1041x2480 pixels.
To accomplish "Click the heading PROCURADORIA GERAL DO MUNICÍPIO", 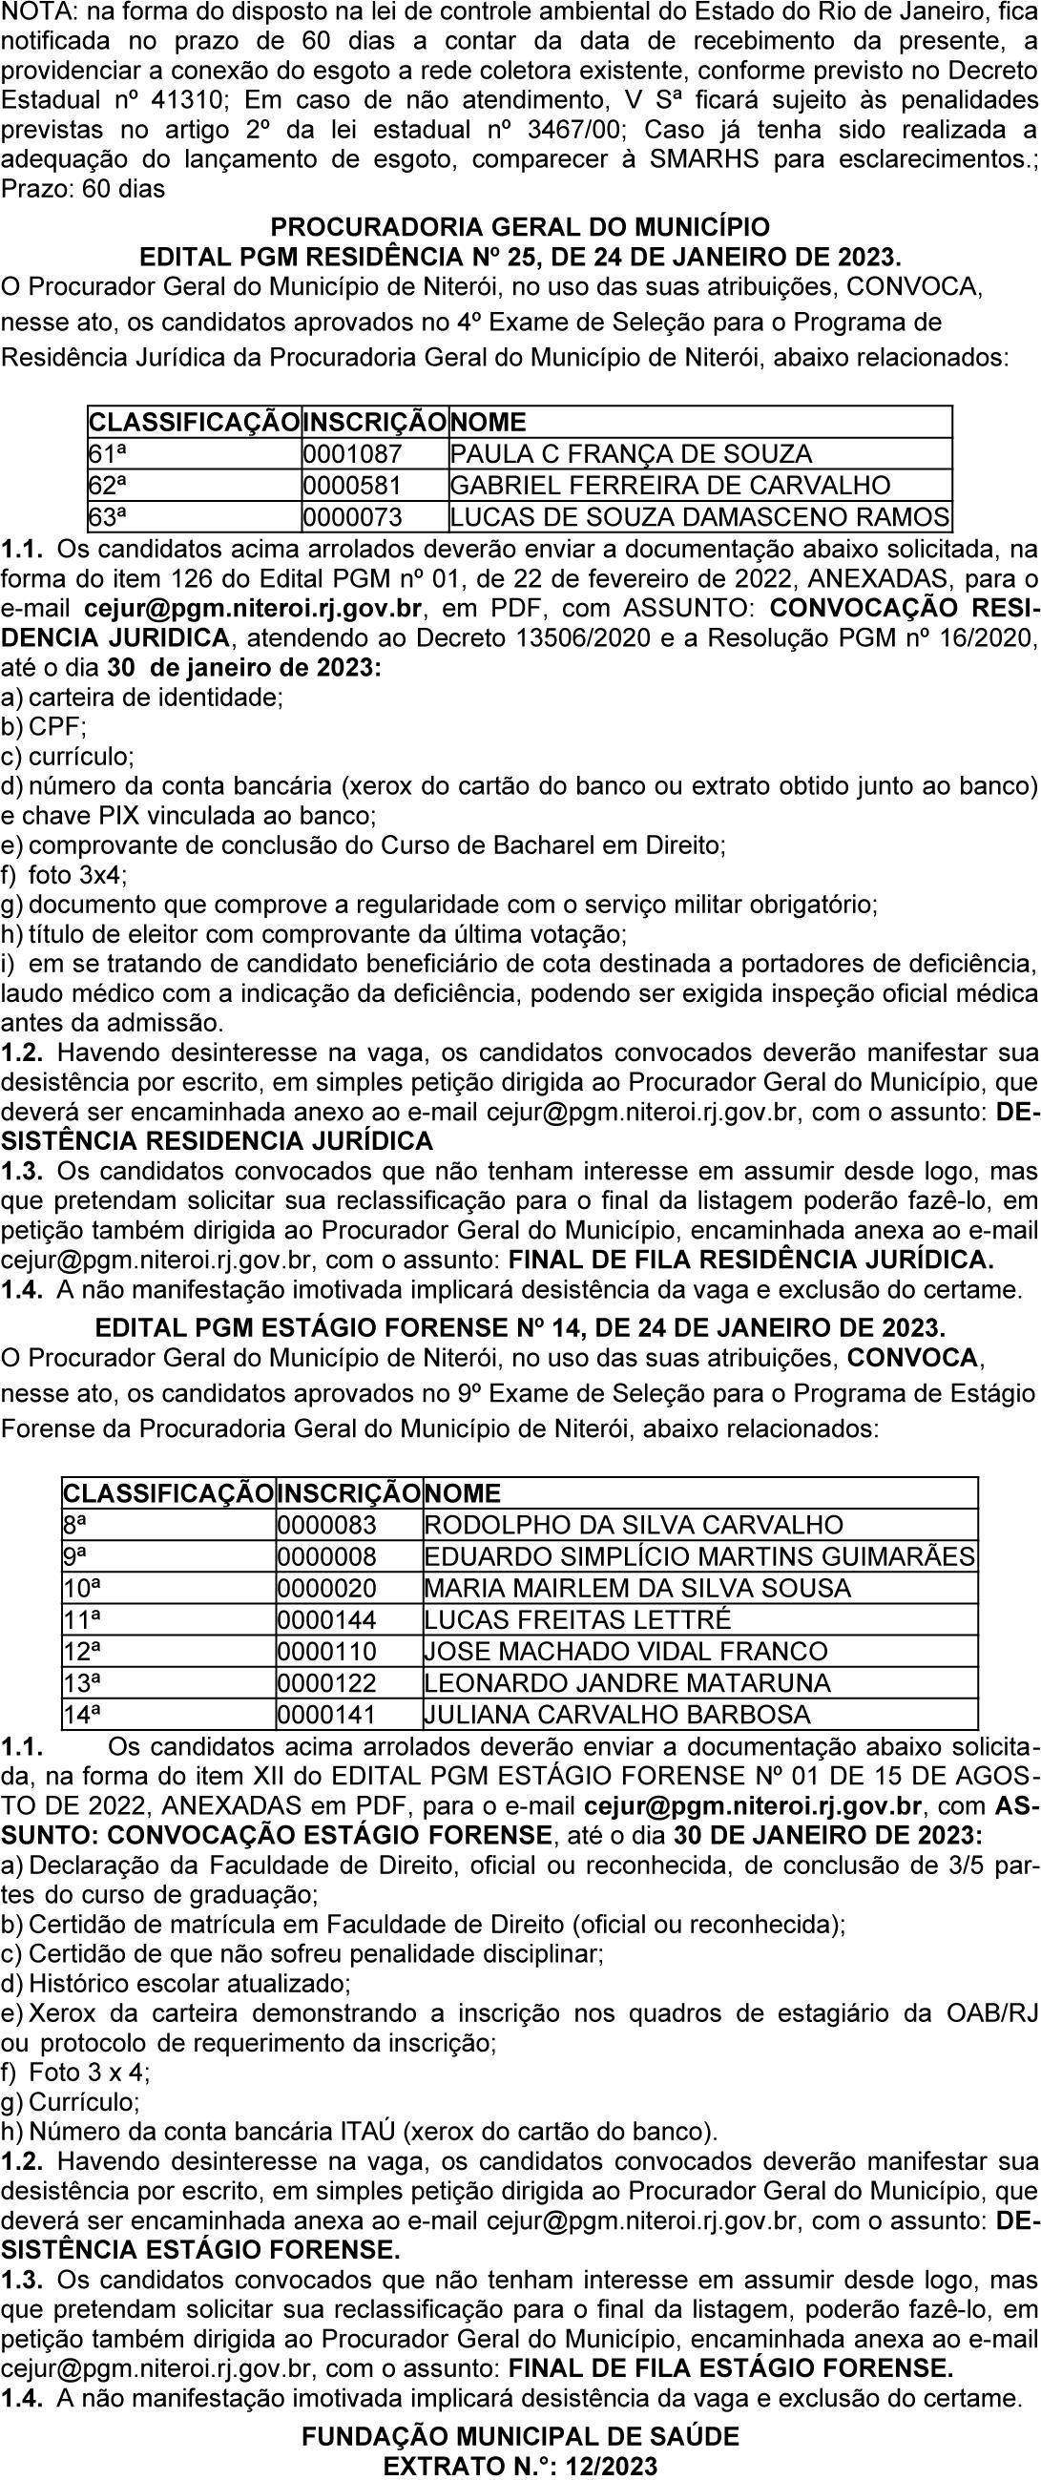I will point(520,228).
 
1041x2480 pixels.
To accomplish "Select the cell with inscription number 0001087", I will point(352,454).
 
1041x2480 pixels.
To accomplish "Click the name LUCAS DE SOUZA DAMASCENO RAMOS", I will point(700,518).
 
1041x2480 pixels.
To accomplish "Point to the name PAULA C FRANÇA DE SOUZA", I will point(632,454).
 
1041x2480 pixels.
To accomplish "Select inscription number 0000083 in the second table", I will point(327,1525).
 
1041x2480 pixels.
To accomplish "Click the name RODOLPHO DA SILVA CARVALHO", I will point(634,1525).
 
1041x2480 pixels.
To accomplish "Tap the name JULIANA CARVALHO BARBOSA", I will point(617,1715).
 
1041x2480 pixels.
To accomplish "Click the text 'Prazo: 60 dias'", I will point(84,189).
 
